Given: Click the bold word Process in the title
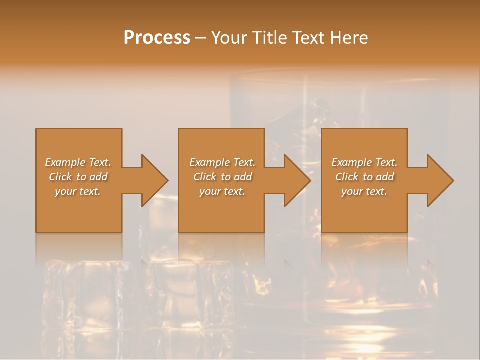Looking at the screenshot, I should coord(157,38).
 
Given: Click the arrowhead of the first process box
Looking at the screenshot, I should coord(152,180).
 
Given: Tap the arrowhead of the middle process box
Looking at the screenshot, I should coord(295,180).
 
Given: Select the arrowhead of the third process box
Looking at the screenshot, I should coord(438,180).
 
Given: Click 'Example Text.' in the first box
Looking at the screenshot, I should coord(78,162).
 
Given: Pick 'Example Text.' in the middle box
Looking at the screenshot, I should coord(222,162).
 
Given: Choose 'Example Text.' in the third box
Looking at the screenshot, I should coord(364,162).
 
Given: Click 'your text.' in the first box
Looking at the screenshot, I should coord(78,191).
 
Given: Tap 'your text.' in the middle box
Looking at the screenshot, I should coord(222,191).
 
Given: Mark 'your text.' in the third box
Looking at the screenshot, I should coord(364,191).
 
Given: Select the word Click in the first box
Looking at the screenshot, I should coord(60,177).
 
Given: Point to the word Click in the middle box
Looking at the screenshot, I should coord(205,177).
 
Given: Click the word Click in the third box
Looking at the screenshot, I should coord(347,177).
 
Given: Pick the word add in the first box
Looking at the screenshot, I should coord(99,177).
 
